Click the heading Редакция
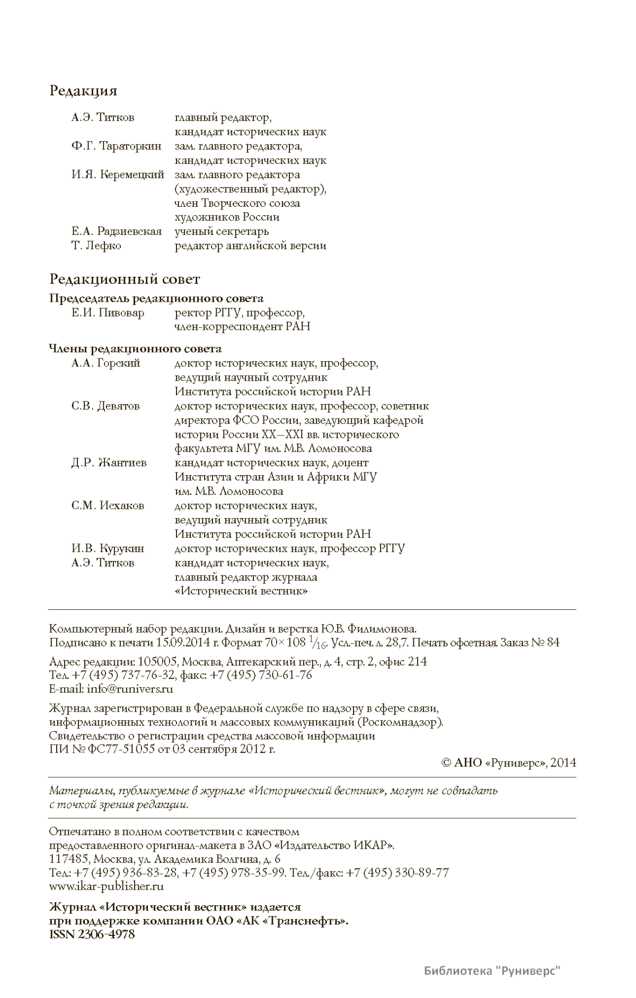click(x=83, y=91)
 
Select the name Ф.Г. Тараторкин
click(x=116, y=146)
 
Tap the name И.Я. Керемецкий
click(x=118, y=174)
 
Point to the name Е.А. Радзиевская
click(x=117, y=231)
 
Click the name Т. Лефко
click(x=96, y=246)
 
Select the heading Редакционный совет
click(x=125, y=279)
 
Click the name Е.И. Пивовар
click(x=108, y=313)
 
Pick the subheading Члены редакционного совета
click(x=135, y=349)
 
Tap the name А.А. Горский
click(x=105, y=363)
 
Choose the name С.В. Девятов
click(x=105, y=406)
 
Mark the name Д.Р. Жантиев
click(x=109, y=463)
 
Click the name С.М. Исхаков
click(x=108, y=506)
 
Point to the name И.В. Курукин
click(x=108, y=548)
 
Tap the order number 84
click(x=553, y=643)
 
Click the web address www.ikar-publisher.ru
click(x=106, y=886)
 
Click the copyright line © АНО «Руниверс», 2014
click(x=508, y=763)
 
